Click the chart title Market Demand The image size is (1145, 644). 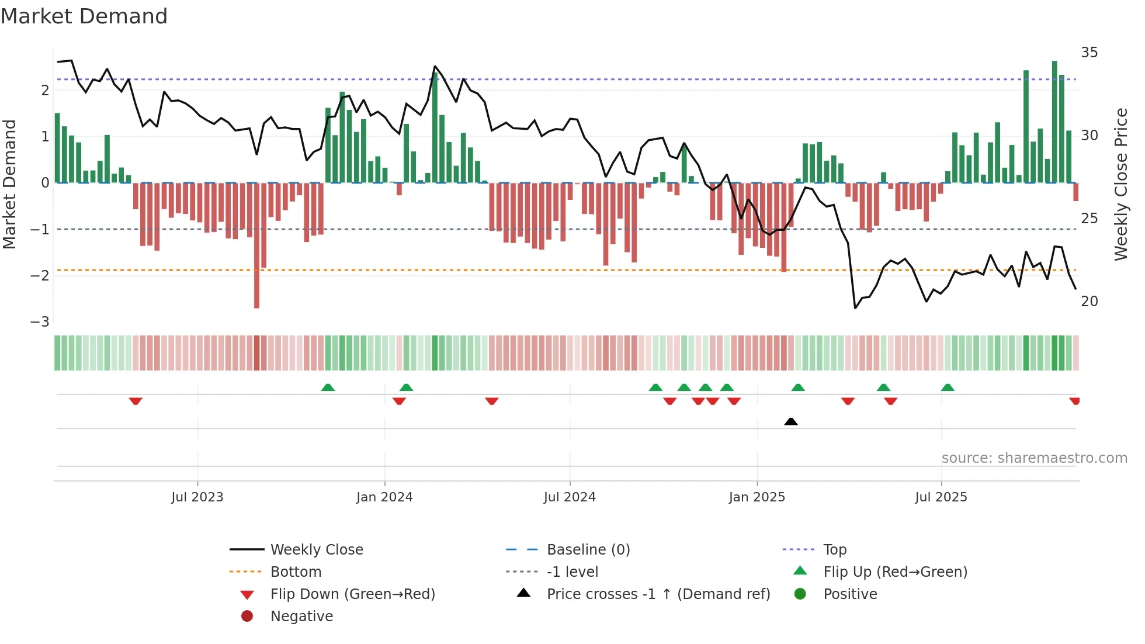click(x=84, y=16)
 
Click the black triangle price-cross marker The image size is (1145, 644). click(x=790, y=421)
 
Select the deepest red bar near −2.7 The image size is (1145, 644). click(x=256, y=245)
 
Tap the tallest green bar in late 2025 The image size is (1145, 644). click(x=1054, y=122)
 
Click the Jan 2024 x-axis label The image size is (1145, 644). click(x=384, y=497)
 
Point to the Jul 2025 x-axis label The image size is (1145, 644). click(x=941, y=497)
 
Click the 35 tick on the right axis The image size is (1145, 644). click(x=1089, y=53)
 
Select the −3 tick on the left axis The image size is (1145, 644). click(x=40, y=322)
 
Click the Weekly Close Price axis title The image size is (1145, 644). click(x=1120, y=184)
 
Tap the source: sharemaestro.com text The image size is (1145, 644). click(x=1034, y=458)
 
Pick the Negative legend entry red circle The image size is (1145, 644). click(x=247, y=617)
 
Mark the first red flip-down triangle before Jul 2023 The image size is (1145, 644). click(x=136, y=401)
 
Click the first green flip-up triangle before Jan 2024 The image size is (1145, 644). click(x=328, y=387)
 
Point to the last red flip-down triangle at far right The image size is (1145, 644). click(x=1074, y=401)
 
